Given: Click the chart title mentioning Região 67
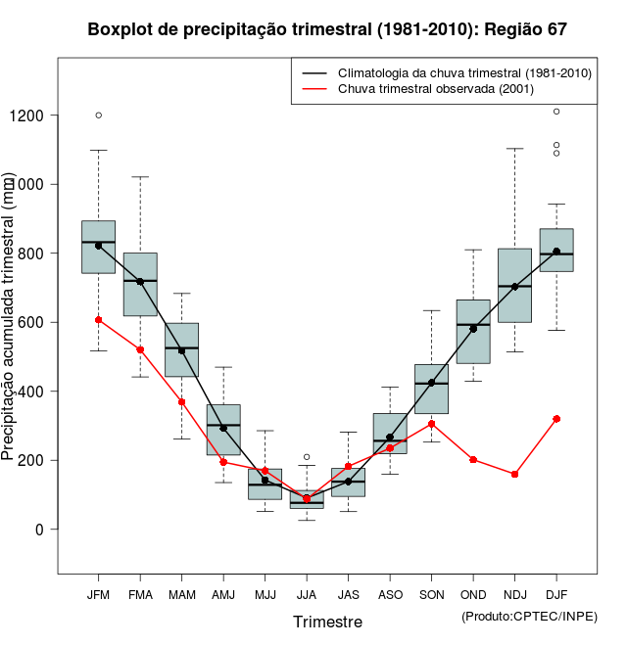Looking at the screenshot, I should pyautogui.click(x=327, y=29).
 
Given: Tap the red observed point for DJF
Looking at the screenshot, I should pyautogui.click(x=556, y=419).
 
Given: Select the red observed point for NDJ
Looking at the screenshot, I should pyautogui.click(x=514, y=474).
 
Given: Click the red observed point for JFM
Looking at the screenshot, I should pyautogui.click(x=98, y=320).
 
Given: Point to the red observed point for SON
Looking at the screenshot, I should pyautogui.click(x=431, y=424).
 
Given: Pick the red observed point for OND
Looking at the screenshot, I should pyautogui.click(x=473, y=459).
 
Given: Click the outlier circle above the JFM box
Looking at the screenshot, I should pyautogui.click(x=98, y=115).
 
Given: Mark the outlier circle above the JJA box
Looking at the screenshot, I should pyautogui.click(x=307, y=457).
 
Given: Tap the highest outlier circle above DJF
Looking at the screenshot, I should pyautogui.click(x=556, y=112).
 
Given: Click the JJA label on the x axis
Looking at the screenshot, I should pyautogui.click(x=307, y=594).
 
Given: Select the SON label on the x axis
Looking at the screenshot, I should pyautogui.click(x=431, y=594).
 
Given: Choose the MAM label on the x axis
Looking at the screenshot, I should pyautogui.click(x=181, y=594).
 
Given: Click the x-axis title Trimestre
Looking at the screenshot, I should pyautogui.click(x=327, y=622).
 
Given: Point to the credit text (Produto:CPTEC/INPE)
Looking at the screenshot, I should pyautogui.click(x=529, y=616).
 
